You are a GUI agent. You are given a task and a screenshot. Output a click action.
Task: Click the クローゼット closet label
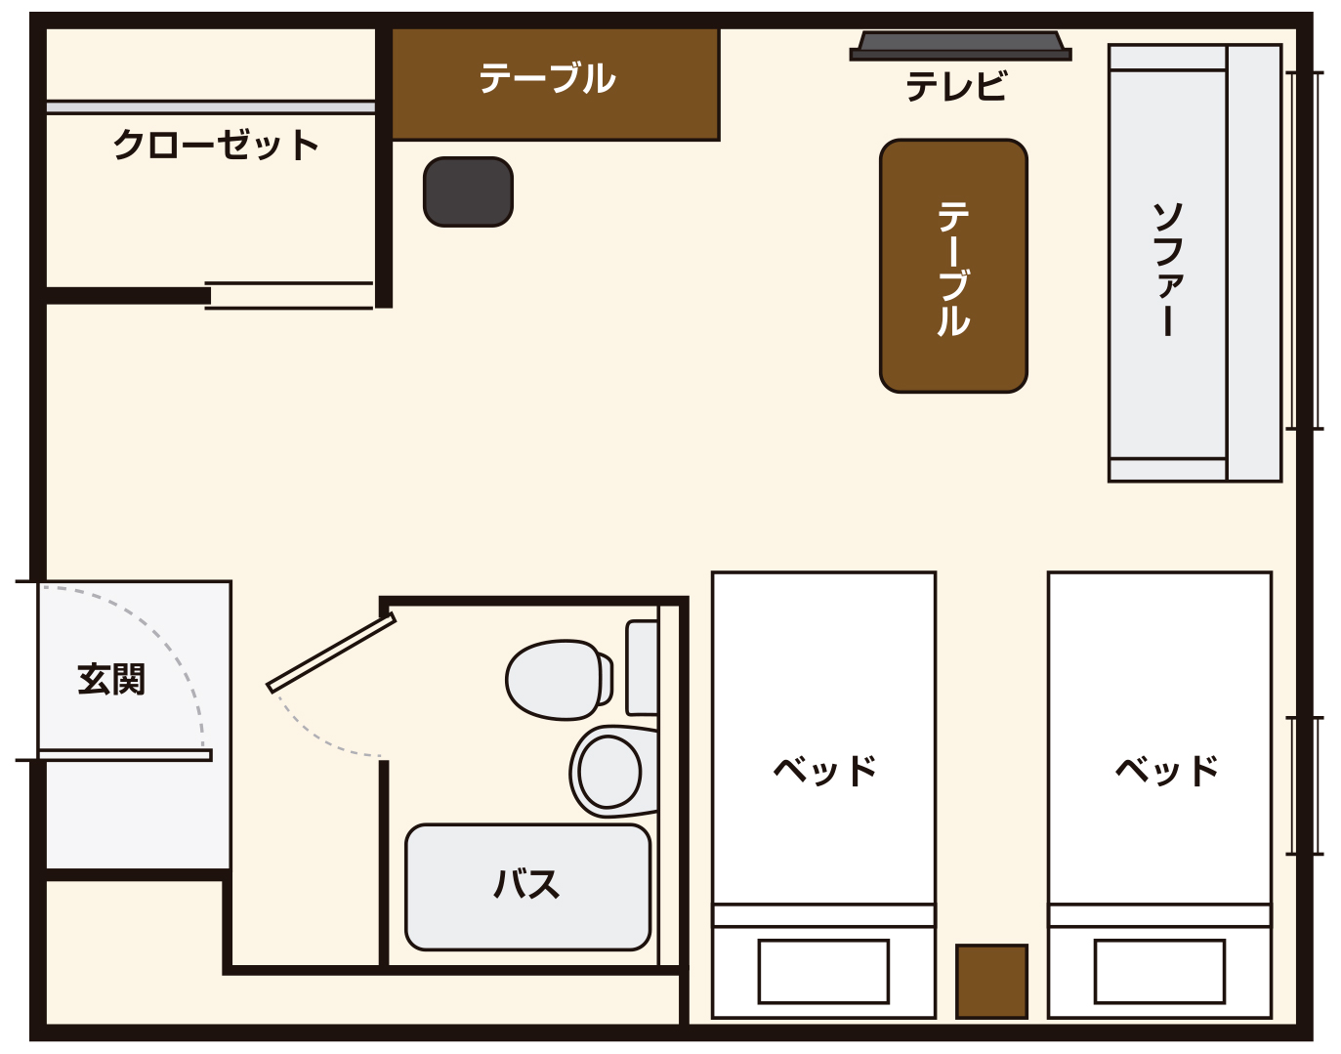(216, 146)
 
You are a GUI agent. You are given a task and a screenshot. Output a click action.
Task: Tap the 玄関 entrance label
(111, 680)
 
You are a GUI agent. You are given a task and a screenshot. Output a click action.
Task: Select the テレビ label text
(956, 86)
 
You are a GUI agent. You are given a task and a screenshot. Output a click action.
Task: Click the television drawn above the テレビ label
(960, 46)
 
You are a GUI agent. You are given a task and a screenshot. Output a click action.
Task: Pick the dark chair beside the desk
(468, 191)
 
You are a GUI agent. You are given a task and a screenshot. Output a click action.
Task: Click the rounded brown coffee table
(953, 266)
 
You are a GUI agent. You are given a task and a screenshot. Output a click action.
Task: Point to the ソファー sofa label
(1167, 269)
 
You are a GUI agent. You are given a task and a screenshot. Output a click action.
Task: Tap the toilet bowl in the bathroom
(559, 680)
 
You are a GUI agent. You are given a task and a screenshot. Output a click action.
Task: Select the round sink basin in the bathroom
(609, 772)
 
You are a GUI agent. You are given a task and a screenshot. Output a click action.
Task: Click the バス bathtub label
(526, 884)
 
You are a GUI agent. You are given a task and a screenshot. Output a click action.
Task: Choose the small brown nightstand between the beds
(991, 981)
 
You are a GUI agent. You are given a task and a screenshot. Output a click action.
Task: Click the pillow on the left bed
(823, 972)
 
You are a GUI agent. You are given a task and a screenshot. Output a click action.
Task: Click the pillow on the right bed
(1159, 972)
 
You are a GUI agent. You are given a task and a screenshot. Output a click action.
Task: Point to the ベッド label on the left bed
(825, 771)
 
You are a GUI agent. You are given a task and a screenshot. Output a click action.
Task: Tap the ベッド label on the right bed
(1167, 771)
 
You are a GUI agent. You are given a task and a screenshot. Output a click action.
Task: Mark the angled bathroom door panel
(331, 653)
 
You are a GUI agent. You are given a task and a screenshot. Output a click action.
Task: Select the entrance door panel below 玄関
(125, 755)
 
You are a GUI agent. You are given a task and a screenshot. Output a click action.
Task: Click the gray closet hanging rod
(211, 107)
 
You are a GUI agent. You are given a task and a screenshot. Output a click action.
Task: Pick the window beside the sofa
(1305, 250)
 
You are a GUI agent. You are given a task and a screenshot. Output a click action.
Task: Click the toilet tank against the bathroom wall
(643, 668)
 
